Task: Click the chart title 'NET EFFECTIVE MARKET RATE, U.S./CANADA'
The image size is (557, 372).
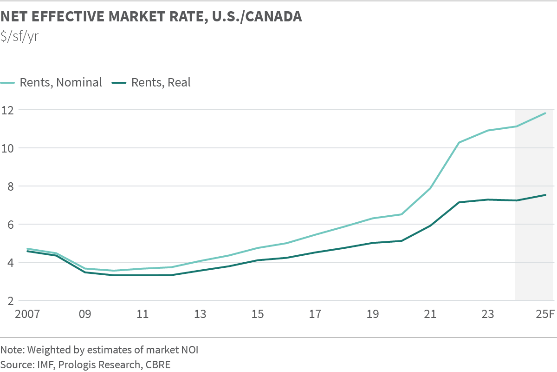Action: pyautogui.click(x=151, y=17)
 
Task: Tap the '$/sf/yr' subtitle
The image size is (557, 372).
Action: pyautogui.click(x=19, y=36)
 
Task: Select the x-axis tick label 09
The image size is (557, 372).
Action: pyautogui.click(x=85, y=314)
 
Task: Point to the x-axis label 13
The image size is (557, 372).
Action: pyautogui.click(x=200, y=314)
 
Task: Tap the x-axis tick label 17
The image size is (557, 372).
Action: pyautogui.click(x=315, y=314)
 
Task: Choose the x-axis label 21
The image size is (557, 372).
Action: pyautogui.click(x=430, y=314)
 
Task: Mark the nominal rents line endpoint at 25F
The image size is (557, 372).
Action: pyautogui.click(x=546, y=113)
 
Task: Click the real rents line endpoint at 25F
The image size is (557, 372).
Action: pyautogui.click(x=546, y=195)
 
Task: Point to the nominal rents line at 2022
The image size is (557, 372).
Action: pyautogui.click(x=459, y=142)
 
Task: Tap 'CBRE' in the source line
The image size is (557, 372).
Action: pyautogui.click(x=158, y=365)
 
